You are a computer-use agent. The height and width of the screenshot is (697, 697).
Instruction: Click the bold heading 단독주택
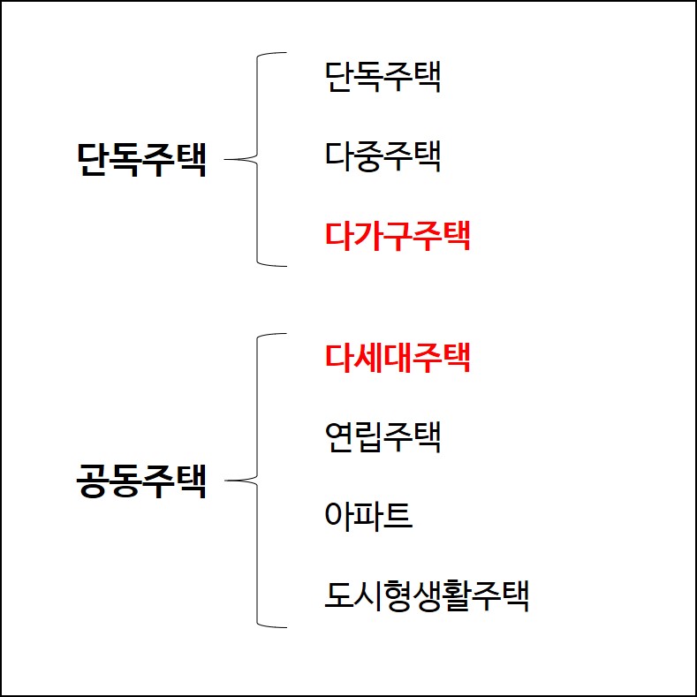coord(142,161)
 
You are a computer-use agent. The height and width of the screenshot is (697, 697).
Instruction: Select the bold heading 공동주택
coord(142,482)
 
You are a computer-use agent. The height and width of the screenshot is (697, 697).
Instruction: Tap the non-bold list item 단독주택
coord(383,77)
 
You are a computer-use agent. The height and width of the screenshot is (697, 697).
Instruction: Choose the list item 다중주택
coord(383,157)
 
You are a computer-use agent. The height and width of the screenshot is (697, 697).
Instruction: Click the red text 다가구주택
coord(398,236)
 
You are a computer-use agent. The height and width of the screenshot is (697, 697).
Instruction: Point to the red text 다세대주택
coord(398,357)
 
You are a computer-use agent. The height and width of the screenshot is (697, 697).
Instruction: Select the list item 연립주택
coord(383,436)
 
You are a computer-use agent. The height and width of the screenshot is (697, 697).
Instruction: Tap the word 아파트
coord(368,516)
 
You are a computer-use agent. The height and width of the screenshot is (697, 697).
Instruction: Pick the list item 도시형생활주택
coord(427,595)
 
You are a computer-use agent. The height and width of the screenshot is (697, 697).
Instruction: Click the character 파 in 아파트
coord(368,516)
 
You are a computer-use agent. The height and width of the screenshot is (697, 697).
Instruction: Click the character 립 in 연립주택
coord(369,436)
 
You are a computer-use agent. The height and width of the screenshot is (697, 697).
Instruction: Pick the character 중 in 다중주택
coord(369,157)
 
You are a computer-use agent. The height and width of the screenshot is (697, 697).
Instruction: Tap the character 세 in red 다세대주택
coord(369,357)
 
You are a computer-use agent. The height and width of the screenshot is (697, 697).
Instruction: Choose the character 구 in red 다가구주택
coord(398,236)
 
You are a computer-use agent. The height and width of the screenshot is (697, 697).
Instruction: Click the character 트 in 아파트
coord(398,516)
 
